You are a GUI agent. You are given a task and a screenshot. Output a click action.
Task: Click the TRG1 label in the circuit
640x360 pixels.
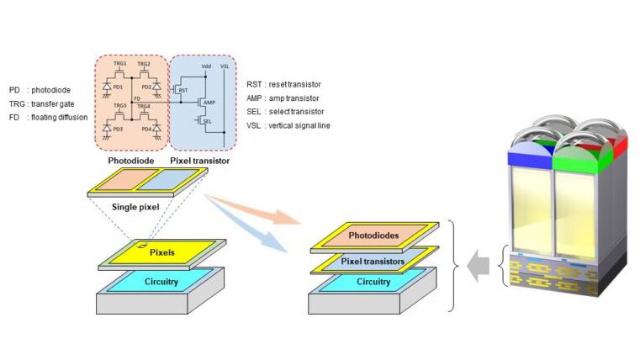(119, 64)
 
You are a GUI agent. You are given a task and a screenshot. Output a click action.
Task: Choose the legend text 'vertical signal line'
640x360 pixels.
(299, 125)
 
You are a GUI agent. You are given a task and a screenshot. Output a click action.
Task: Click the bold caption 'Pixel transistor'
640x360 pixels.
(199, 159)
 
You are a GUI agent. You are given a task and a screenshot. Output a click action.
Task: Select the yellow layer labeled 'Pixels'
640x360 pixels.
(162, 251)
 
